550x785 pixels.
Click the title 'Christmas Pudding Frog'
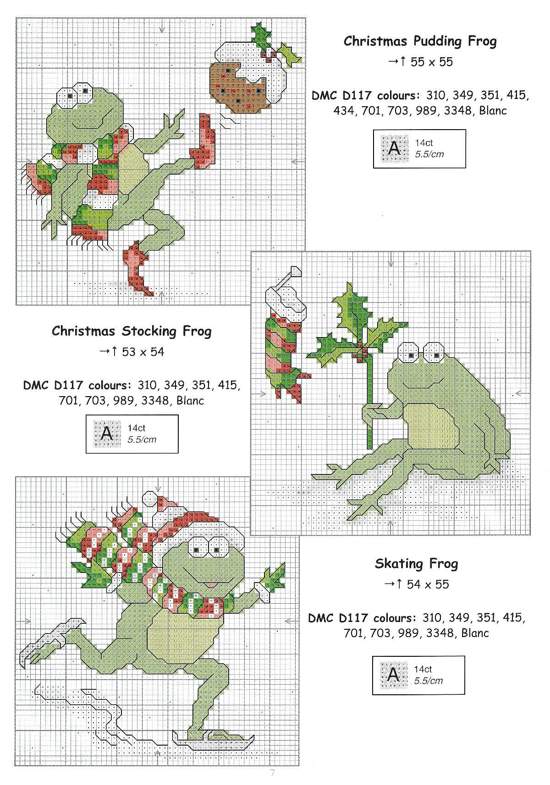(420, 41)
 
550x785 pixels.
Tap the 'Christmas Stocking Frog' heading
(132, 331)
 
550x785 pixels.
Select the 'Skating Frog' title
(416, 564)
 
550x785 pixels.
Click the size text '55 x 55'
(431, 62)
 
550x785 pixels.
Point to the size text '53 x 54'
(143, 352)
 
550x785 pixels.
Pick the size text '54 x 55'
(428, 584)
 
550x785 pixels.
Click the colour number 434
(343, 111)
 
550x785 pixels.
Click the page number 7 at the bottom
(272, 772)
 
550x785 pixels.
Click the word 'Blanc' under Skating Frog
(474, 633)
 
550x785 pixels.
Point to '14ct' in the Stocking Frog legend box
(136, 428)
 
